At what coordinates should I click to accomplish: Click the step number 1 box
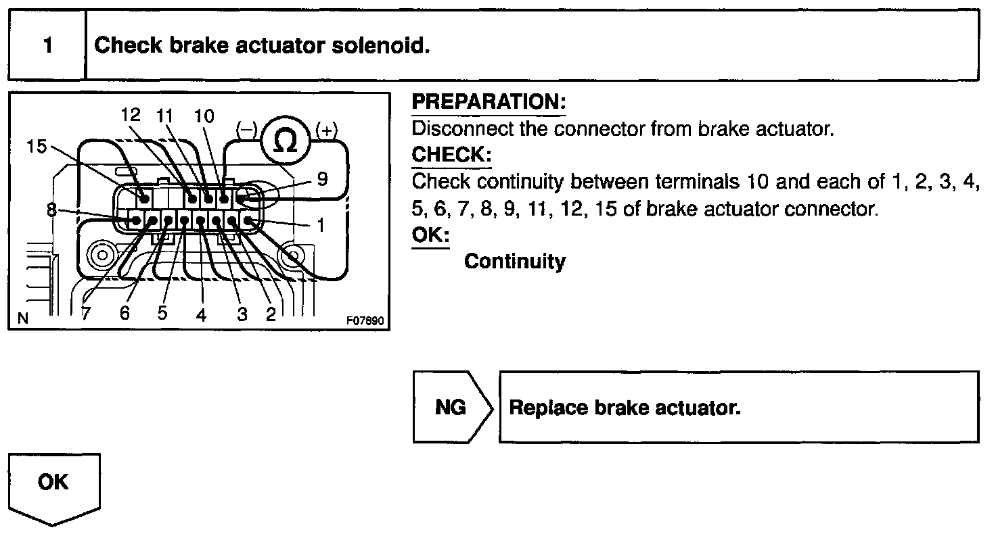tap(47, 46)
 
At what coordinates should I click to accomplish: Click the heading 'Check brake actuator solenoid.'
tap(262, 46)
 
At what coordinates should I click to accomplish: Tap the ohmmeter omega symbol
tap(287, 141)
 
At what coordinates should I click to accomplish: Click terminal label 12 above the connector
tap(131, 114)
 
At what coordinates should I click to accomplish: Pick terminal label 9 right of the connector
tap(322, 178)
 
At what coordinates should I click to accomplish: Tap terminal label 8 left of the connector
tap(52, 210)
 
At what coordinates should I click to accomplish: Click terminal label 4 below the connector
tap(201, 314)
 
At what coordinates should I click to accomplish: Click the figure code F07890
tap(365, 321)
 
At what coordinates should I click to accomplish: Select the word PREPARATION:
tap(489, 103)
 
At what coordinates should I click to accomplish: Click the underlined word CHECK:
tap(451, 155)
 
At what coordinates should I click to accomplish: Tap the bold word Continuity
tap(514, 261)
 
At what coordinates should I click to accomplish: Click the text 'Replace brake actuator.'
tap(625, 408)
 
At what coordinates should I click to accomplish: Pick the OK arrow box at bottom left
tap(53, 483)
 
